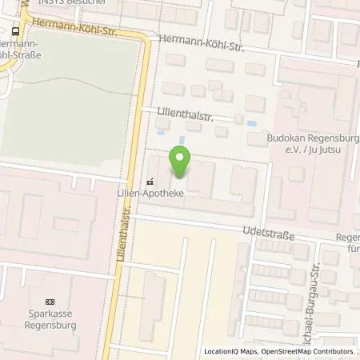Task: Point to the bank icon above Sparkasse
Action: (50, 302)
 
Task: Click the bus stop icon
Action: (16, 31)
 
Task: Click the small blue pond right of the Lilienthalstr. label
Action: (254, 124)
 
